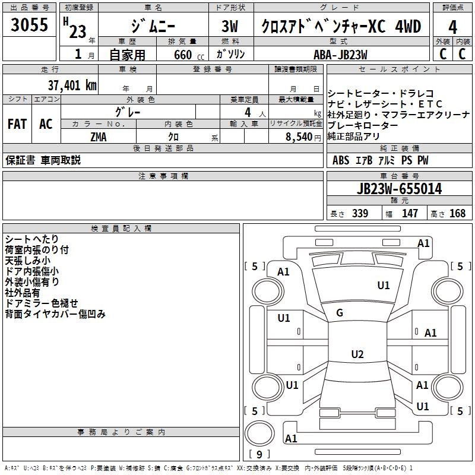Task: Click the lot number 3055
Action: [29, 25]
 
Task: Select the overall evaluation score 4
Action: [452, 27]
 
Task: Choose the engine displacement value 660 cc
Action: [181, 55]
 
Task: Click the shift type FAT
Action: [17, 124]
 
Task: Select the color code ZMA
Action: [99, 137]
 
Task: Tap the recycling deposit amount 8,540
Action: [299, 137]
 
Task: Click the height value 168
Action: [457, 213]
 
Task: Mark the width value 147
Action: [410, 213]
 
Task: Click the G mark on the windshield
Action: [340, 313]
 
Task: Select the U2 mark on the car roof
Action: [357, 354]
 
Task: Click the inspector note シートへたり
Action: [28, 239]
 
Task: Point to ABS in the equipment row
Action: [341, 160]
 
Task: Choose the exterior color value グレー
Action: [128, 111]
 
